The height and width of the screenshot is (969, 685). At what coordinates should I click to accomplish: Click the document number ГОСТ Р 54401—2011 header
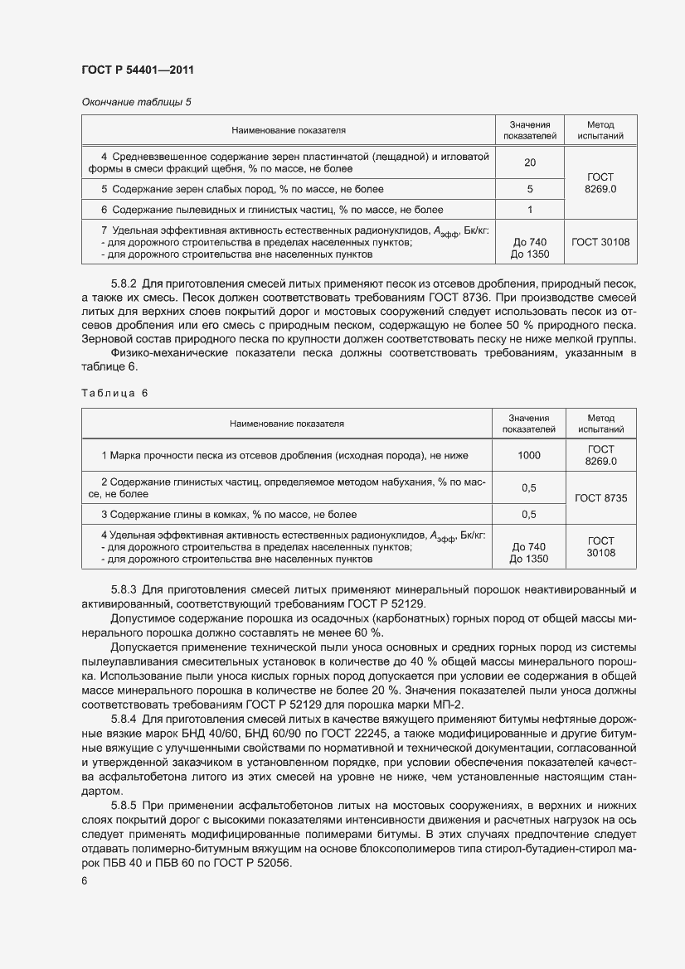pos(137,70)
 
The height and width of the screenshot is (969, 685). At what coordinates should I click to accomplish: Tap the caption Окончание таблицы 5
pos(136,102)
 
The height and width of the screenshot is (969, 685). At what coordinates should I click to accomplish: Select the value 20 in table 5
pos(530,162)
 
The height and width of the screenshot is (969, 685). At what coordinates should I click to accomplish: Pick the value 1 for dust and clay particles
pos(530,210)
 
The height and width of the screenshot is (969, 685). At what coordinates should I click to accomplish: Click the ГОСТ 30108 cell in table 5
pos(600,242)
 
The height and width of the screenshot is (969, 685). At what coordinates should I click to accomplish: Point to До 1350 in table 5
pos(530,254)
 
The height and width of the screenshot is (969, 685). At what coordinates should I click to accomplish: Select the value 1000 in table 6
pos(528,455)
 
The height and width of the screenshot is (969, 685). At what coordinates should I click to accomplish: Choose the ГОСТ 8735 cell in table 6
pos(600,498)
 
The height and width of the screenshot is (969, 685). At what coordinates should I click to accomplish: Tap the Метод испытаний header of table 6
pos(600,424)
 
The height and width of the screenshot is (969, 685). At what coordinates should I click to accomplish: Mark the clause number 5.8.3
pos(125,589)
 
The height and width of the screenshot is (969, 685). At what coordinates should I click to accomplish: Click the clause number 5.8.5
pos(125,805)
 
